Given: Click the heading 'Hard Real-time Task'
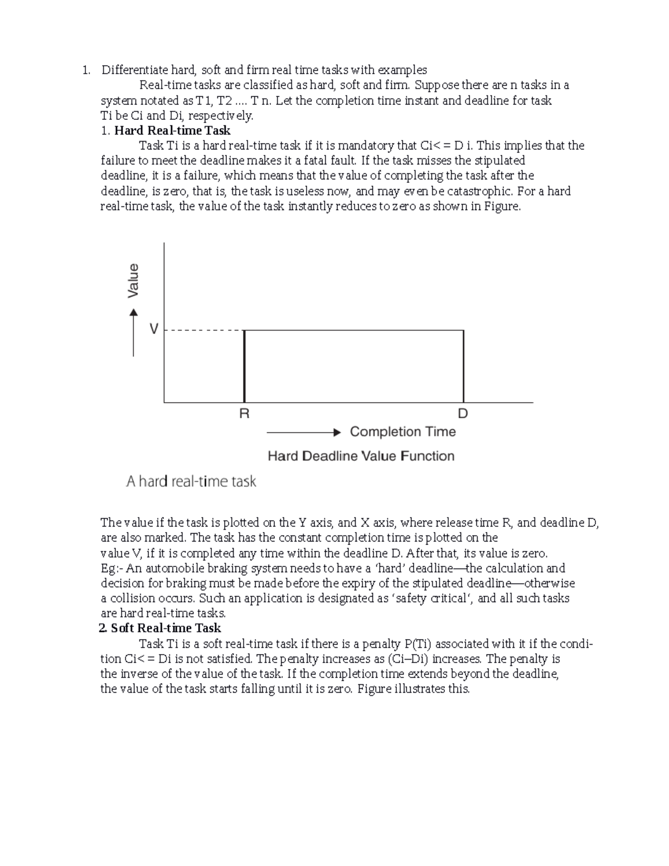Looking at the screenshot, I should [x=172, y=130].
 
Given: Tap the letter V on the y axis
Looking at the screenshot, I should [x=154, y=330].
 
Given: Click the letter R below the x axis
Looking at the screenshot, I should [x=244, y=414].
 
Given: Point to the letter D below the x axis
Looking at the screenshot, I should [x=463, y=414].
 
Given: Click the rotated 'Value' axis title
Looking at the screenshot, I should [x=133, y=280].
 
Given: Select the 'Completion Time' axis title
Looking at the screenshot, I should [x=403, y=432].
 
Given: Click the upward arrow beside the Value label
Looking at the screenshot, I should [x=133, y=333].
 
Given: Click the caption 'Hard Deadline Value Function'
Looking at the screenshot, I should [x=361, y=456].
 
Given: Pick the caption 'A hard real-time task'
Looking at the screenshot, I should [x=191, y=481].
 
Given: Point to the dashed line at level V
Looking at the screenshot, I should [x=204, y=331].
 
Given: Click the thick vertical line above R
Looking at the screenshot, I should [x=244, y=366].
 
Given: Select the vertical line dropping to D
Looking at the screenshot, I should [x=463, y=366].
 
